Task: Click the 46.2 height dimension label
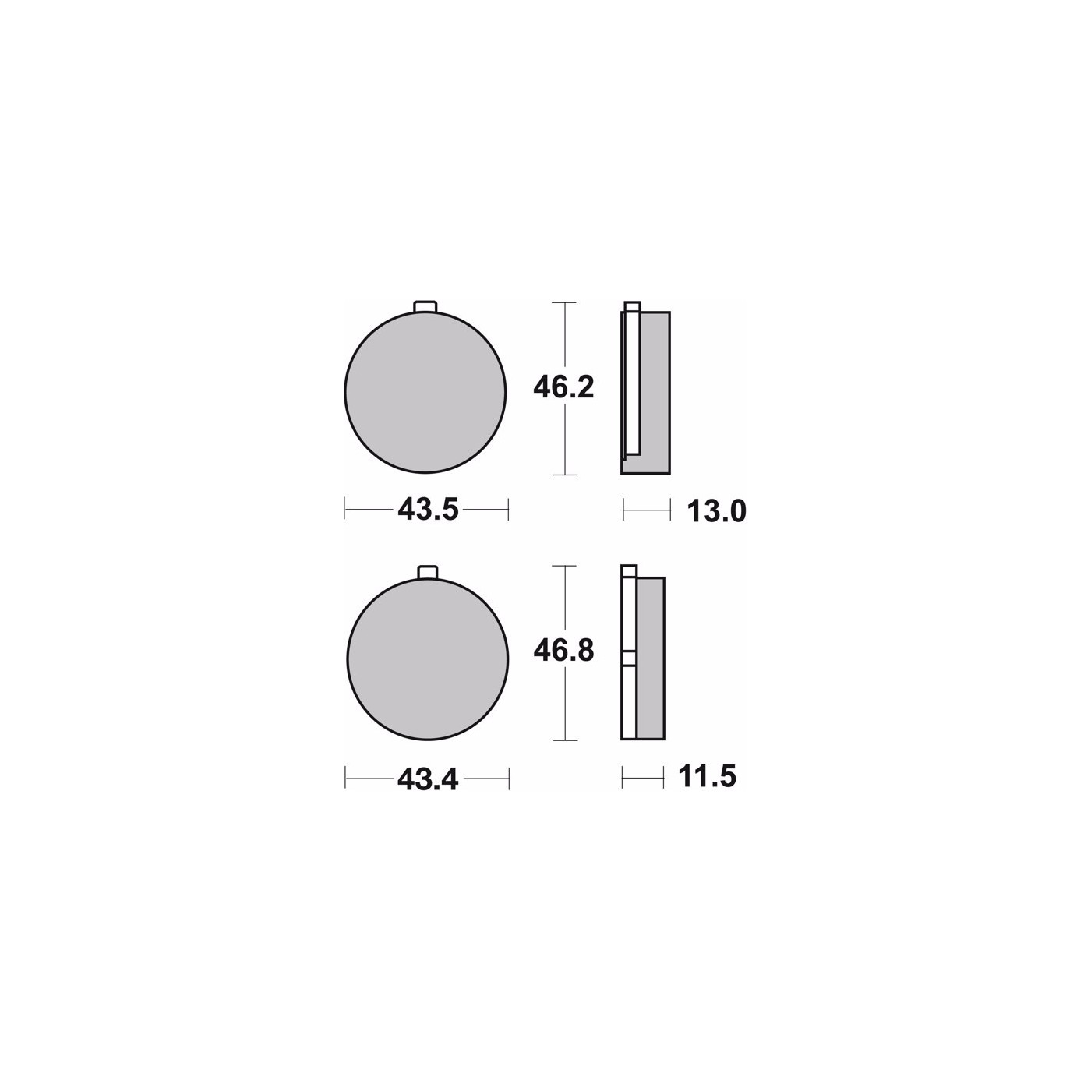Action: [563, 388]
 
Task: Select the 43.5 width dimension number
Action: [428, 510]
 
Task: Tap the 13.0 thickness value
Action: [716, 511]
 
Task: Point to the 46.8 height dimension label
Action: [563, 651]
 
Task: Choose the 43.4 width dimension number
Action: [428, 780]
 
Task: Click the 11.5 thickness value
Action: [707, 776]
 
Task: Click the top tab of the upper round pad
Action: [425, 306]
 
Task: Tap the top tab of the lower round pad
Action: [428, 573]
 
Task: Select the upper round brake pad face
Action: [425, 392]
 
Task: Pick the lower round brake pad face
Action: [428, 659]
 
